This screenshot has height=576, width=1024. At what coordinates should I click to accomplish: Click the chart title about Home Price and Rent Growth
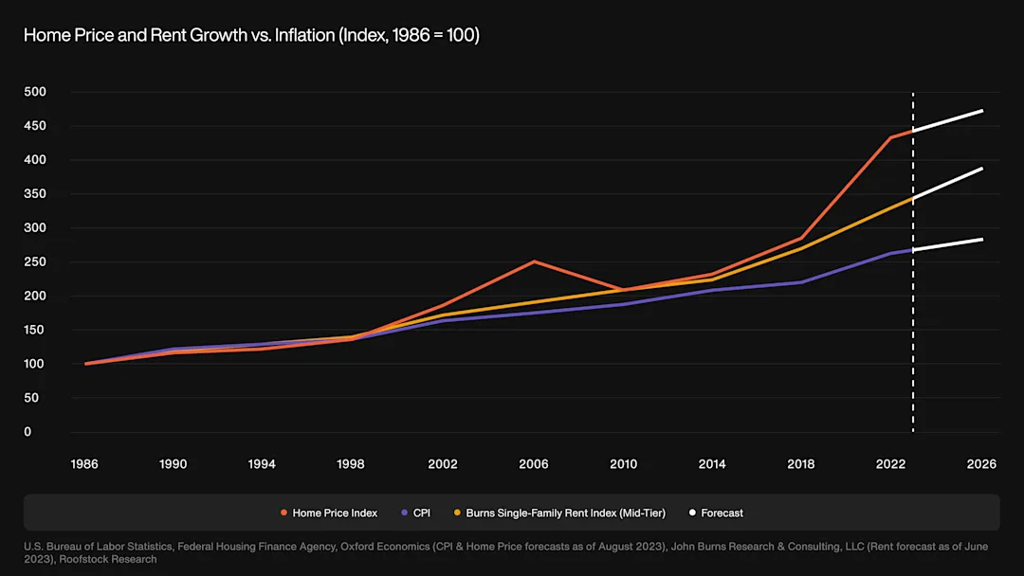(251, 35)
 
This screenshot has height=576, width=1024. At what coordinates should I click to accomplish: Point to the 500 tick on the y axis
(34, 92)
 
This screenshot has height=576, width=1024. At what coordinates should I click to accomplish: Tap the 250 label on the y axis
(34, 262)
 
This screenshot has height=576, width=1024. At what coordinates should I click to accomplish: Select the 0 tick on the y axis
(27, 432)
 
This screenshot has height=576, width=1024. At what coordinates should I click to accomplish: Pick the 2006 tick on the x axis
(533, 464)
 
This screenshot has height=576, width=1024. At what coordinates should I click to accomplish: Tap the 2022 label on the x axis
(890, 464)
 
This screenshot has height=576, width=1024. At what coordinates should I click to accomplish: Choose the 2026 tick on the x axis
(981, 464)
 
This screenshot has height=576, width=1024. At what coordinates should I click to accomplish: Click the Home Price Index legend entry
(334, 513)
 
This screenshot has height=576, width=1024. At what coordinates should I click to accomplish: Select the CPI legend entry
(421, 513)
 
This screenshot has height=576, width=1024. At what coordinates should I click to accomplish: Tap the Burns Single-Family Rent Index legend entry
(565, 513)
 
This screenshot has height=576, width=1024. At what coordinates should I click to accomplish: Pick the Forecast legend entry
(722, 513)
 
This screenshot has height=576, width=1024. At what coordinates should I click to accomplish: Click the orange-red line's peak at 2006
(535, 261)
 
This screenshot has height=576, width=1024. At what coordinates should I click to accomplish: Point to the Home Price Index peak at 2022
(891, 137)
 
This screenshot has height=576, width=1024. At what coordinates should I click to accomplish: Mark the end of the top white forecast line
(981, 111)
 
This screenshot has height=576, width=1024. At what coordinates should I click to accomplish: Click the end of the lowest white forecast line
(981, 240)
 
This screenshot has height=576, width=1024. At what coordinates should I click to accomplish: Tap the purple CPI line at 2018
(802, 282)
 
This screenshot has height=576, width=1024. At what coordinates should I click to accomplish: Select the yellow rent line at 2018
(802, 248)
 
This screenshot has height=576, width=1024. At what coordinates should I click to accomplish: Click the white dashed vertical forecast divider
(913, 284)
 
